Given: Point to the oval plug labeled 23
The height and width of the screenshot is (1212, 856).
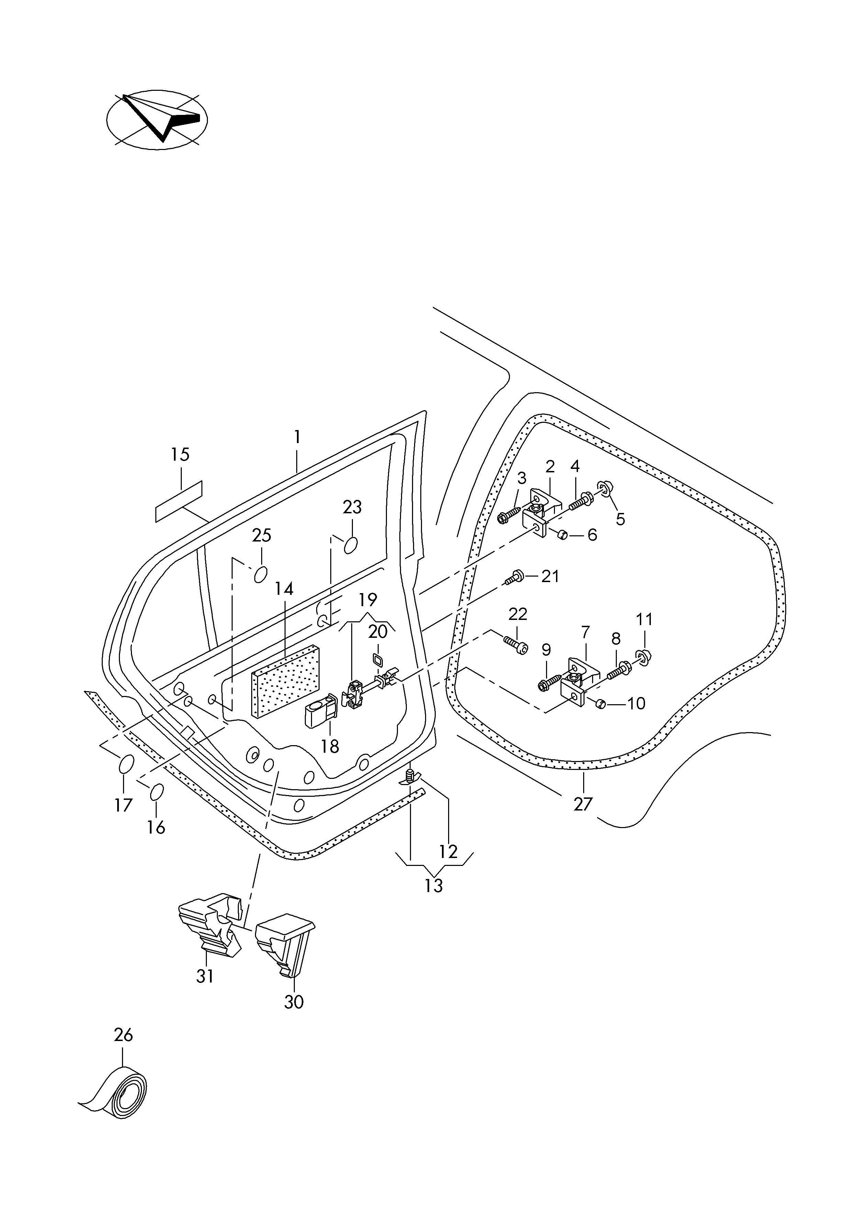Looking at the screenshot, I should tap(351, 546).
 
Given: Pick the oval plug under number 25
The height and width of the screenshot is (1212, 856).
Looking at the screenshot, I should tap(260, 574).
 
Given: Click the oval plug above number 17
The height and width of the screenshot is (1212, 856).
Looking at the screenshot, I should tap(125, 765).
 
